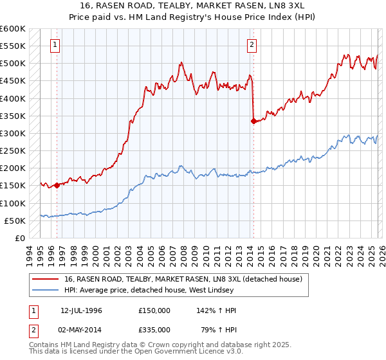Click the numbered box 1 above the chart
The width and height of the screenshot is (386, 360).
coord(56,45)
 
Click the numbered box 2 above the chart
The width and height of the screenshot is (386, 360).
coord(252,45)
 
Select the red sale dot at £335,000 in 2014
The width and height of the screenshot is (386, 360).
coord(253,121)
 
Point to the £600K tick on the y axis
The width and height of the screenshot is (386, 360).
coord(13,29)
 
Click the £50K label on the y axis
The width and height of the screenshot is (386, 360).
coord(15,221)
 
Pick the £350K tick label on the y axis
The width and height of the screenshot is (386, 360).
coord(13,116)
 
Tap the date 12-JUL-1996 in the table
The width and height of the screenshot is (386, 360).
coord(81,310)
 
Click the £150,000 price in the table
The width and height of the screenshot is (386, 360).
coord(154,310)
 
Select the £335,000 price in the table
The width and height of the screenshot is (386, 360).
coord(154,329)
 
